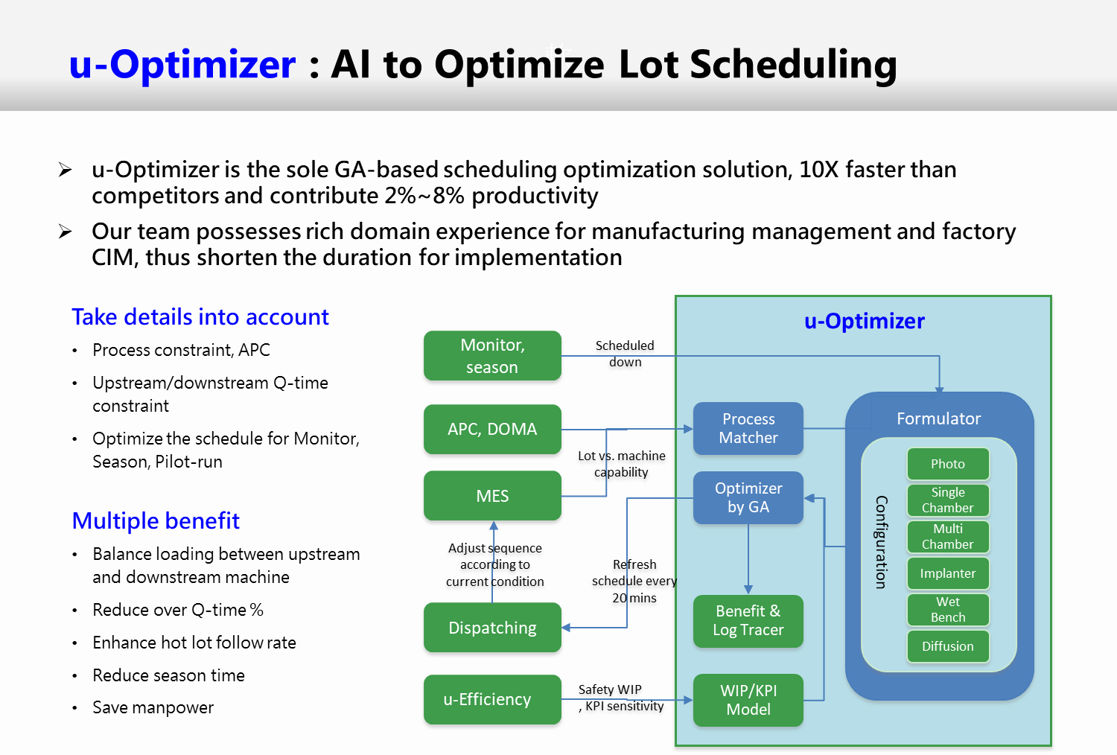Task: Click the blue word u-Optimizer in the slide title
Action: pyautogui.click(x=182, y=65)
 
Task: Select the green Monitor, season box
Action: pyautogui.click(x=492, y=356)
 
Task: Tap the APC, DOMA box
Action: pyautogui.click(x=492, y=429)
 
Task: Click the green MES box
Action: pyautogui.click(x=492, y=496)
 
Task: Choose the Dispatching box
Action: pyautogui.click(x=492, y=628)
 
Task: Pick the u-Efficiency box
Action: pyautogui.click(x=492, y=699)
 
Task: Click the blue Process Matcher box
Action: pyautogui.click(x=748, y=428)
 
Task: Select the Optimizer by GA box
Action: pyautogui.click(x=748, y=497)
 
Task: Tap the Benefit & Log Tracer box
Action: pyautogui.click(x=748, y=621)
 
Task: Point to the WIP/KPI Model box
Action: pyautogui.click(x=748, y=700)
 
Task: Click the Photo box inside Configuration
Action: pyautogui.click(x=948, y=464)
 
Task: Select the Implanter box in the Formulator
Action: pyautogui.click(x=948, y=573)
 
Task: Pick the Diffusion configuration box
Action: pyautogui.click(x=948, y=646)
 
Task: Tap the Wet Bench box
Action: pyautogui.click(x=948, y=609)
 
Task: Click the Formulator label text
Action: pyautogui.click(x=938, y=418)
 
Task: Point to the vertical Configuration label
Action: pyautogui.click(x=882, y=542)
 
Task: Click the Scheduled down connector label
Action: pyautogui.click(x=625, y=354)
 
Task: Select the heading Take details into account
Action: pyautogui.click(x=200, y=317)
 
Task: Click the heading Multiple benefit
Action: pyautogui.click(x=156, y=520)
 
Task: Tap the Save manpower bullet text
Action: pyautogui.click(x=153, y=707)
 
